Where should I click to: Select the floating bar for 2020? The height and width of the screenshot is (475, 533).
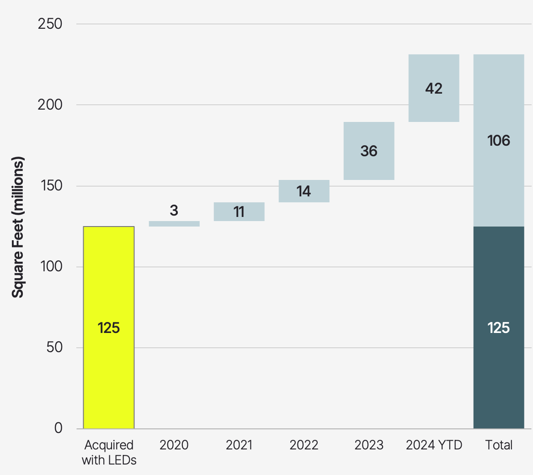[174, 224]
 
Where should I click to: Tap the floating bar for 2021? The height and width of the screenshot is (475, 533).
[239, 212]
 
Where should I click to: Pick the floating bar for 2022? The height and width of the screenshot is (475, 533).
[304, 191]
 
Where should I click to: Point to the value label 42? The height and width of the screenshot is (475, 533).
[434, 88]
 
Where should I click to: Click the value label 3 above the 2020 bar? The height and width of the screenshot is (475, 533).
[174, 211]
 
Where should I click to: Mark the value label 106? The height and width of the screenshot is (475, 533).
[499, 141]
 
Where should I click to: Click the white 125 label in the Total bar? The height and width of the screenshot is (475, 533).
[499, 328]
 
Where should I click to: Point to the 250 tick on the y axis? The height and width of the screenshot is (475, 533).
[50, 24]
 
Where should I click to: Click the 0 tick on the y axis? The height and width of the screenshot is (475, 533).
[58, 428]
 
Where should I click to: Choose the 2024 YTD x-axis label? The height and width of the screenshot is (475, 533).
[434, 445]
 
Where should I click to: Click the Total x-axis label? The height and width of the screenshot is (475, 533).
[499, 445]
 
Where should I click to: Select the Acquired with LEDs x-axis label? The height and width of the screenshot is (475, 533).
[109, 453]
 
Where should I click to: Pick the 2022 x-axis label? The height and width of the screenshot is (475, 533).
[304, 445]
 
